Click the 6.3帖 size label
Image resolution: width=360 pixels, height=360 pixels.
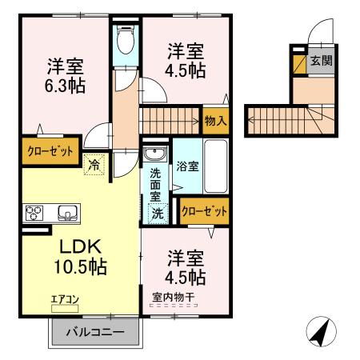(65, 82)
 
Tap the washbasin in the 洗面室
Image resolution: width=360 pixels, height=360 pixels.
(154, 154)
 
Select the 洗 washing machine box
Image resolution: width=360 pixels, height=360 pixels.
(158, 214)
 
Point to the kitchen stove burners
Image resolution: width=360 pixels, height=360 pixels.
(36, 213)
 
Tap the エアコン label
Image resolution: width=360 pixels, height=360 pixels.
(65, 300)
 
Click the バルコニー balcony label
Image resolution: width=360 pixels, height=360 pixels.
(95, 331)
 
